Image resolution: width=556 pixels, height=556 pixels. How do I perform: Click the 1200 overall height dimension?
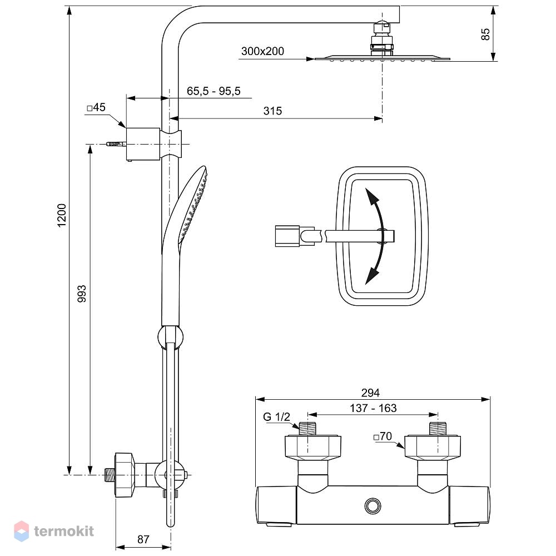coord(62,215)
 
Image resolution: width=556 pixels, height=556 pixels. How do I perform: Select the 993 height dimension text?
coord(82,294)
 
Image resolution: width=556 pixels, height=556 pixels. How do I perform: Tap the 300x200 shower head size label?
coord(262,51)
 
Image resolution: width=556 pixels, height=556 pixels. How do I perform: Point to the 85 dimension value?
coord(485,34)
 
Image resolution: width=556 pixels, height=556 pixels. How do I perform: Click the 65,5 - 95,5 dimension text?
coord(214,91)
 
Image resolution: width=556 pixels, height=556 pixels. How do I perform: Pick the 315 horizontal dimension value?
coord(272,111)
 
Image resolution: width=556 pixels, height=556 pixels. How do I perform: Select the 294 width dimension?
coord(370,393)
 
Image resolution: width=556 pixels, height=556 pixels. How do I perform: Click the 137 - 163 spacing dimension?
coord(373,408)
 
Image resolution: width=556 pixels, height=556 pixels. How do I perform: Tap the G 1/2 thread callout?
coord(276,416)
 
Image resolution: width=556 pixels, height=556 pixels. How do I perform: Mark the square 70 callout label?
coord(383,436)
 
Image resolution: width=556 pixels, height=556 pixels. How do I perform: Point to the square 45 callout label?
coord(96,107)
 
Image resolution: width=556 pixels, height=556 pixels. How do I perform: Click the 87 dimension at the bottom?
coord(143,539)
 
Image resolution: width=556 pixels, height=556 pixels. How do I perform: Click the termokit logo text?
coord(64,531)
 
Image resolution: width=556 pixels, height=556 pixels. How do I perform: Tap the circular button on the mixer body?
coord(373,506)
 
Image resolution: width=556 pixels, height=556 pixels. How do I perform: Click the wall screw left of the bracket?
coord(116,144)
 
